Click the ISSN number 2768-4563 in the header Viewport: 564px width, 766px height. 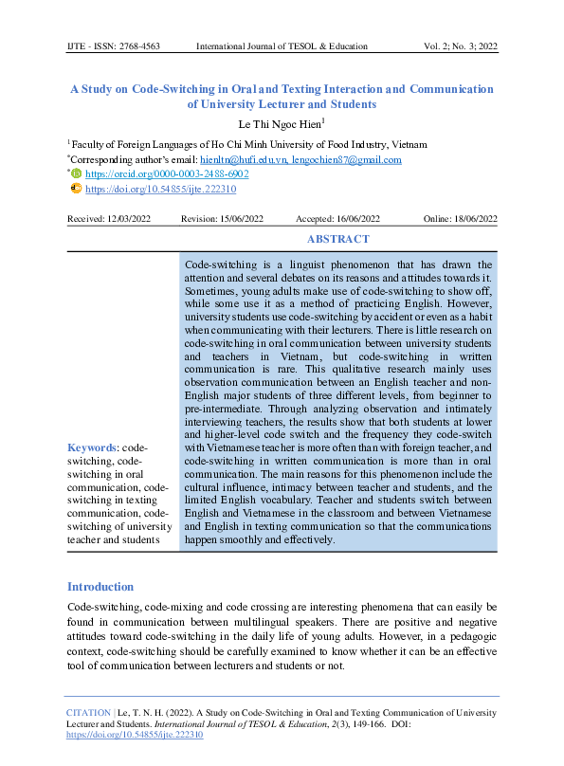point(139,46)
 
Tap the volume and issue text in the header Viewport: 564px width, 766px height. point(460,46)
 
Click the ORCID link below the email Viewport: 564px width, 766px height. point(167,174)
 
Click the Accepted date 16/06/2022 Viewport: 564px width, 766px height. point(358,219)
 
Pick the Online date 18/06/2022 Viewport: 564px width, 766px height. point(475,219)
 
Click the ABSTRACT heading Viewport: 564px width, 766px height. point(338,240)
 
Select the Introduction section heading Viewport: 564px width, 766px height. point(100,587)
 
